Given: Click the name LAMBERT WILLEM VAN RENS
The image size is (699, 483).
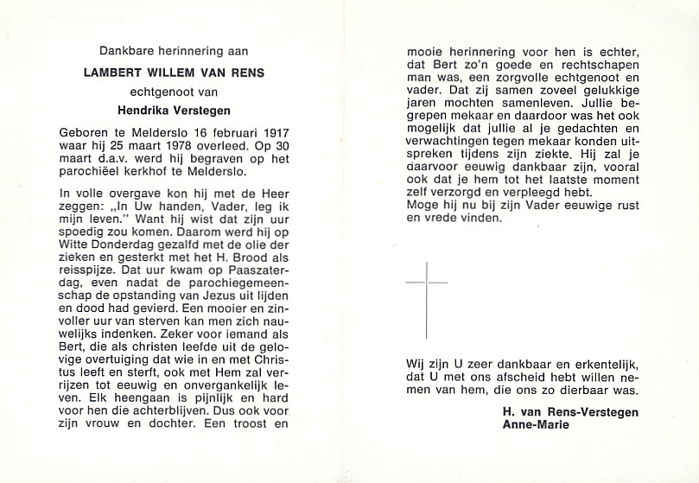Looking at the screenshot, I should (x=173, y=73).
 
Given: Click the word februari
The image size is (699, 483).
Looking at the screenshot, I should (x=226, y=134).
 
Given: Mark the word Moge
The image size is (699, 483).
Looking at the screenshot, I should (x=423, y=205).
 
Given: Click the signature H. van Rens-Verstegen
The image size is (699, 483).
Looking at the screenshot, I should (x=570, y=412).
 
